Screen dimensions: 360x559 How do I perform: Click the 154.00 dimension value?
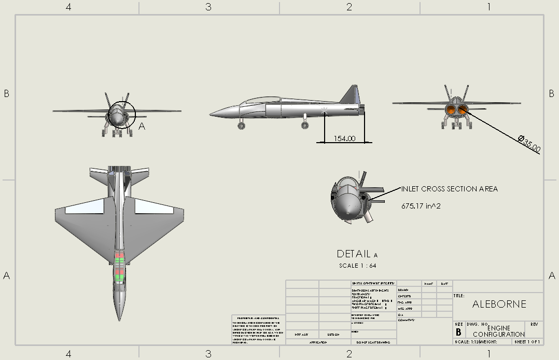point(344,139)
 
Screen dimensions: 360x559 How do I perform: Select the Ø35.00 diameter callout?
point(529,144)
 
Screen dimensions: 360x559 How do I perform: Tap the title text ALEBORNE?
point(499,304)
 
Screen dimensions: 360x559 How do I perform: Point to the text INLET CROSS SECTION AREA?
point(449,189)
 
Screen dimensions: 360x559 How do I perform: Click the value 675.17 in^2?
point(421,206)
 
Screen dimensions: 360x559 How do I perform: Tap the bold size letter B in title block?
point(458,333)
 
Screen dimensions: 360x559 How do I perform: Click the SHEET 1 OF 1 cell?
point(527,342)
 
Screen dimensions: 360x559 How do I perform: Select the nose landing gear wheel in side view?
point(241,126)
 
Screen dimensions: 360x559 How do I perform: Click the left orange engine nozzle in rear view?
point(450,109)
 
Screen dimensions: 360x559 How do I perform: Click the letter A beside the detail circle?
point(142,126)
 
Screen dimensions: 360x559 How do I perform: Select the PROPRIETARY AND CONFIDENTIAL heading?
point(258,317)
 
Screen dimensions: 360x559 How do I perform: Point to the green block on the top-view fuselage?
point(120,276)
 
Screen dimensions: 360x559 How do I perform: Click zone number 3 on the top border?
point(208,7)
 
